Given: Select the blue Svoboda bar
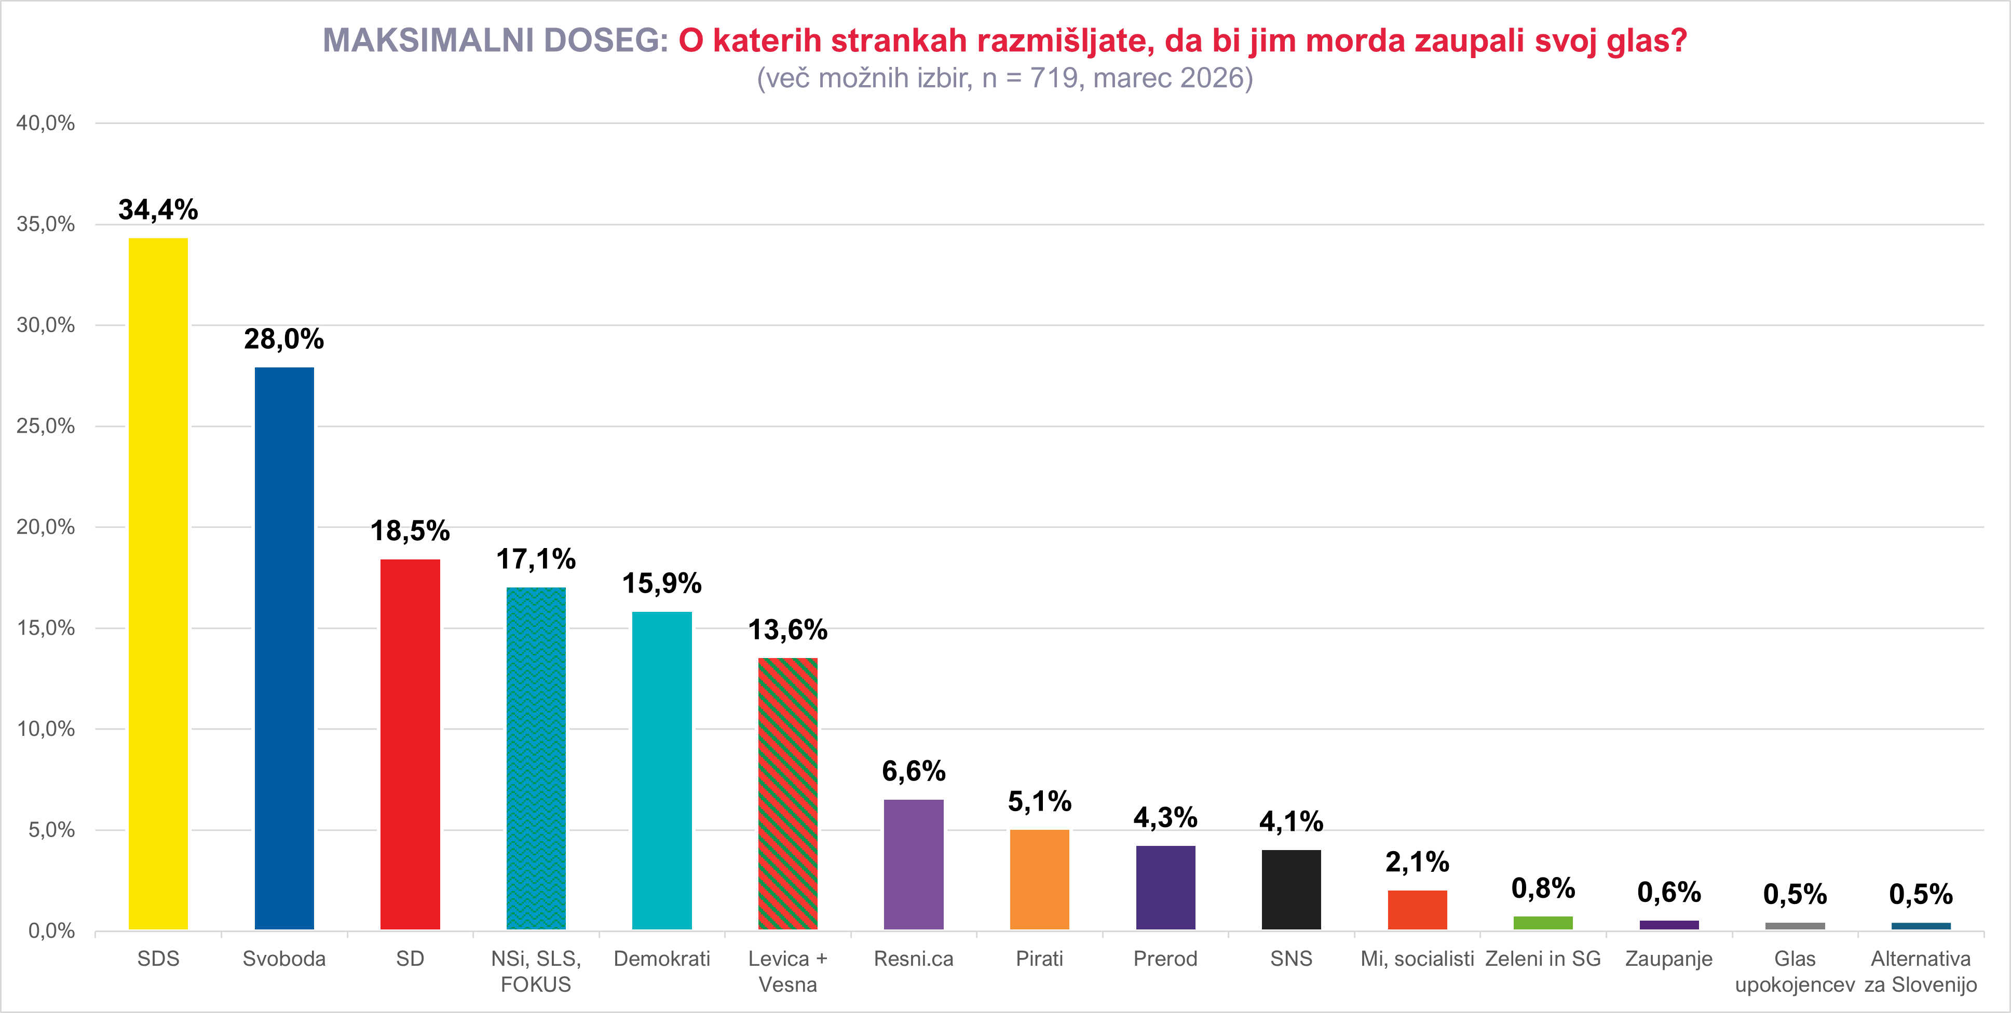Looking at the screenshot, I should click(284, 648).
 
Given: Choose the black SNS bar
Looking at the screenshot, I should click(1291, 889).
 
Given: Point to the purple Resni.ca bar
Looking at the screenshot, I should click(914, 864).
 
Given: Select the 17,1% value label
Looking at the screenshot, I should click(536, 559).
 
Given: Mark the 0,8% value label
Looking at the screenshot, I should click(1543, 888).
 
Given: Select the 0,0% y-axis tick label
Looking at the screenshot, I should click(51, 930).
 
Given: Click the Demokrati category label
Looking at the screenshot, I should click(662, 959).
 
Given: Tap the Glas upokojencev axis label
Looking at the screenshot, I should click(1795, 971).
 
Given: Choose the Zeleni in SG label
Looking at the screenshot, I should click(1543, 959).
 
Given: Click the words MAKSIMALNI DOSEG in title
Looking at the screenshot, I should click(495, 40).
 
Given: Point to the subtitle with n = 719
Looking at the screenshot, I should click(1004, 78).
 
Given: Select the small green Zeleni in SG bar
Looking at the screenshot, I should click(1543, 923).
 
